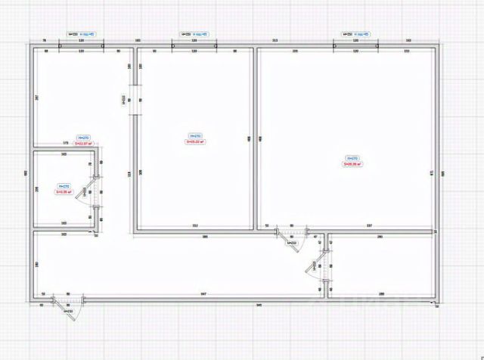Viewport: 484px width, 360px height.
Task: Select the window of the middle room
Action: [x=194, y=46]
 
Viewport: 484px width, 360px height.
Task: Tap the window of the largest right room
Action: [x=355, y=46]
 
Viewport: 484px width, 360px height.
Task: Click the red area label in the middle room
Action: [x=196, y=141]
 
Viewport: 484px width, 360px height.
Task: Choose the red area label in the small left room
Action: [x=64, y=191]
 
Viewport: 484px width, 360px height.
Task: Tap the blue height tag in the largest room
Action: [x=352, y=158]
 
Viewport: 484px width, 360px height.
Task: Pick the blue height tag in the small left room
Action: [x=64, y=186]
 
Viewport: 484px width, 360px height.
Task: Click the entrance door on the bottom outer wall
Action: [x=62, y=303]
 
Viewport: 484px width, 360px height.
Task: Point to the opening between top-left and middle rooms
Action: [x=135, y=99]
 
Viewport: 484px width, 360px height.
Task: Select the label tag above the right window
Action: [x=355, y=35]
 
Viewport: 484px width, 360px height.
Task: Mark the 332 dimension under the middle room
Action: [x=194, y=225]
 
